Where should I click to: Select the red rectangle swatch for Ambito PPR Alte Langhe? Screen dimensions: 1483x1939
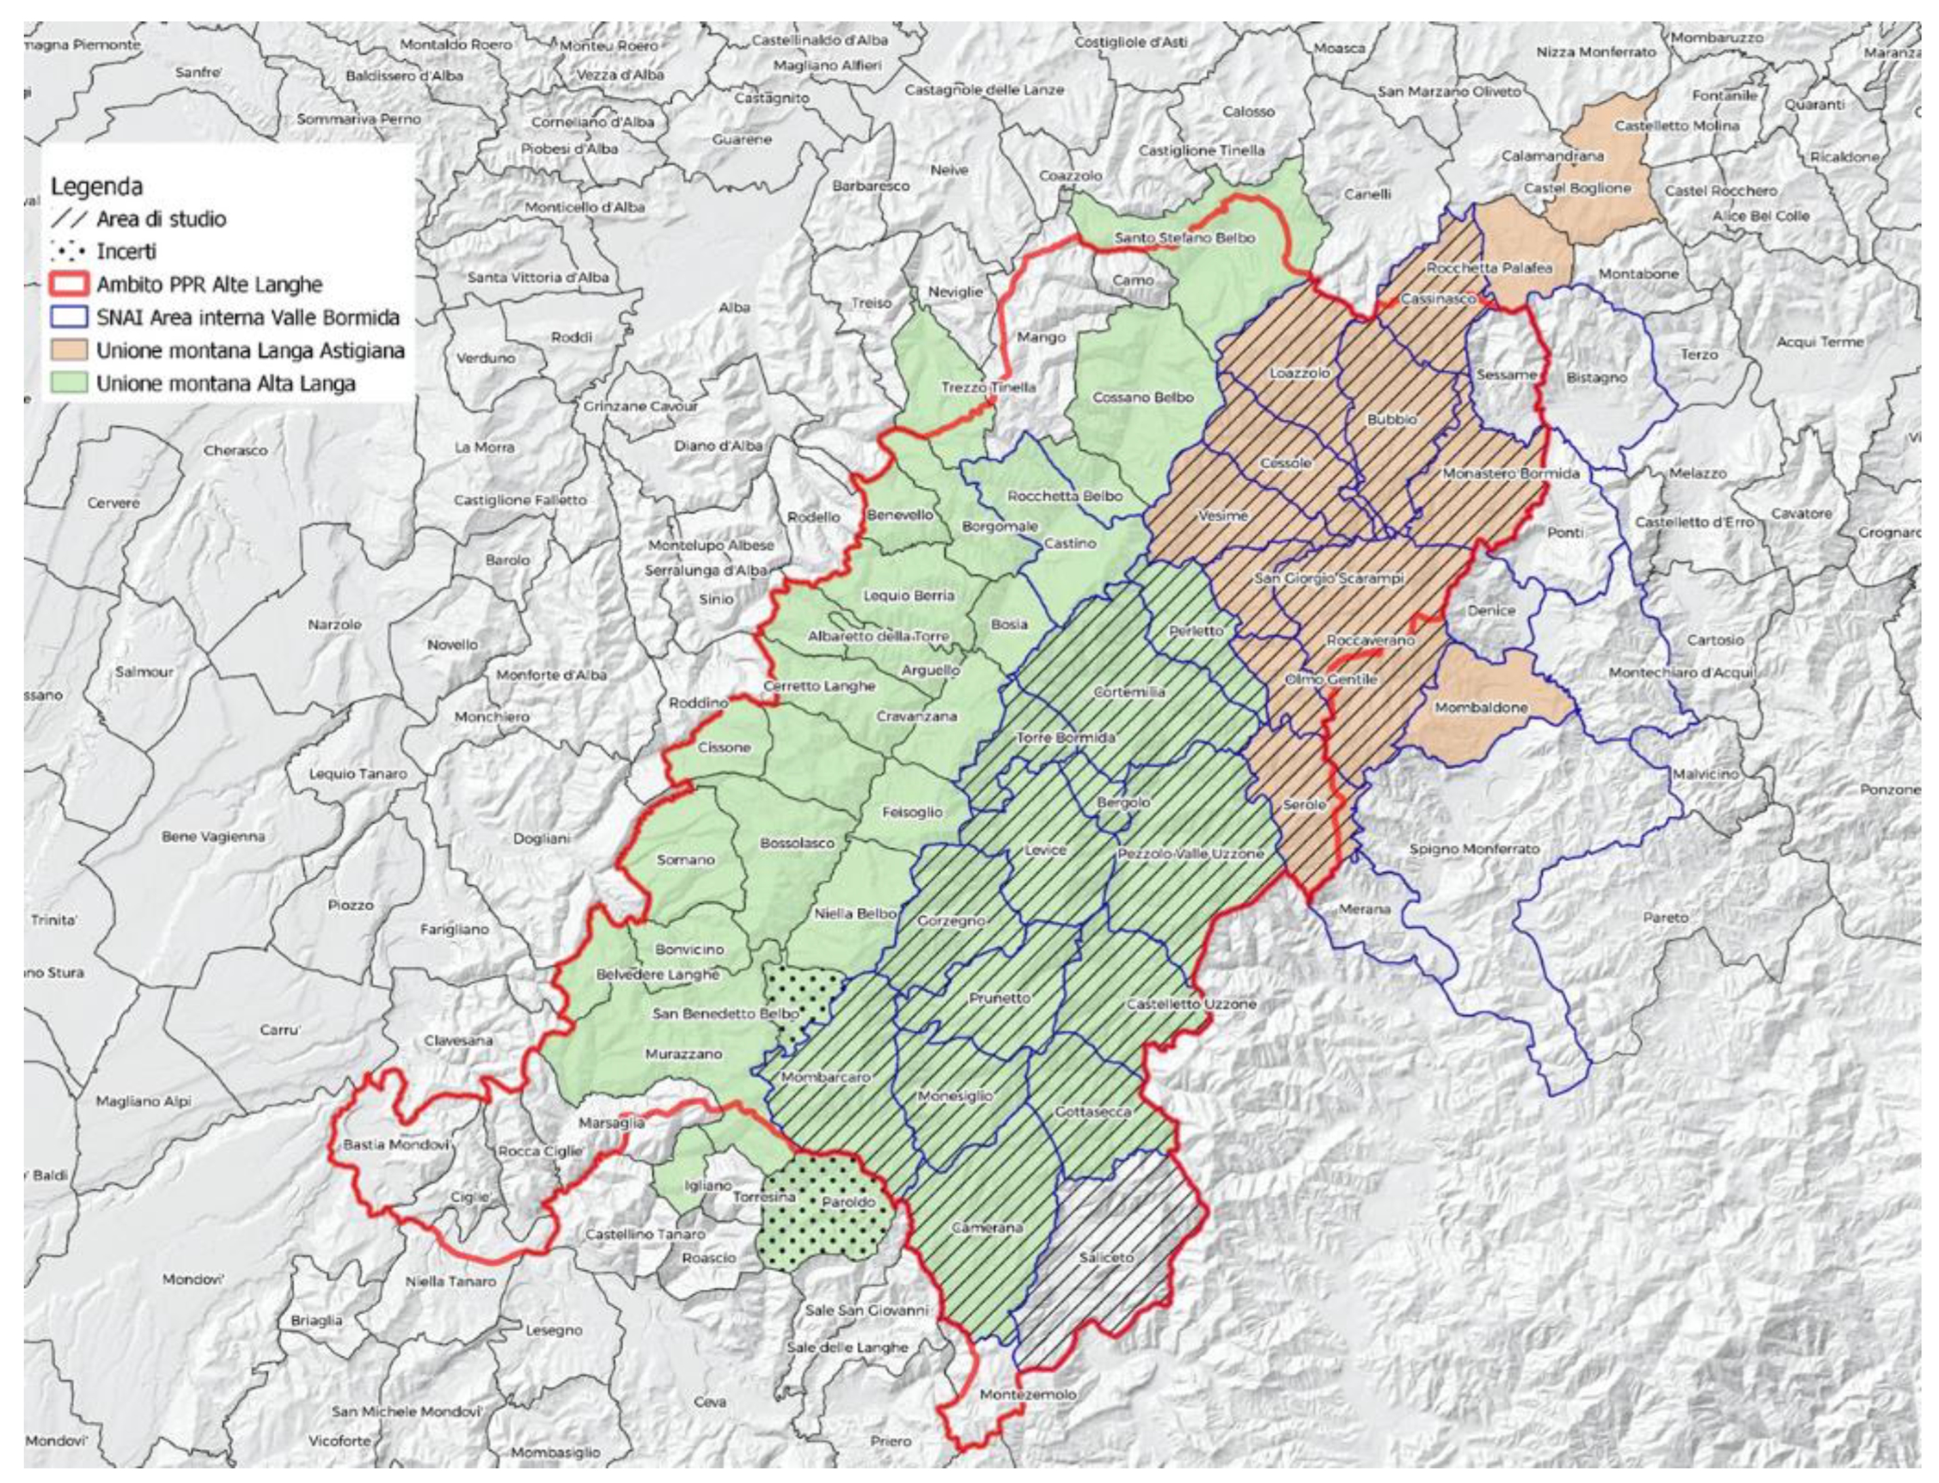[x=69, y=284]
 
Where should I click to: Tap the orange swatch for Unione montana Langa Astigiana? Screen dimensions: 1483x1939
[x=69, y=350]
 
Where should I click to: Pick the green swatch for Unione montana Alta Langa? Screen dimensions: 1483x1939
[x=69, y=383]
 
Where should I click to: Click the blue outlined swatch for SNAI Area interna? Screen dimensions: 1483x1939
[x=69, y=317]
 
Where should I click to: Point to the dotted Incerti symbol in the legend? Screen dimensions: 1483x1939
[x=69, y=252]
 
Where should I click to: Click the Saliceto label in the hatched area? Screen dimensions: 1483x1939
[x=1105, y=1257]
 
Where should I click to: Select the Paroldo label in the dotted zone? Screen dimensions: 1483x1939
[x=848, y=1202]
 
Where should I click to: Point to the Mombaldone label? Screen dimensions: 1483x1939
[x=1481, y=707]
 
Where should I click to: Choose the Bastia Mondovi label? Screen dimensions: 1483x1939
[x=396, y=1144]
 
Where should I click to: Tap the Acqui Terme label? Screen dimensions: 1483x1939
[x=1819, y=341]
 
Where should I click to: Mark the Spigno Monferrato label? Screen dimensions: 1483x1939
[x=1474, y=848]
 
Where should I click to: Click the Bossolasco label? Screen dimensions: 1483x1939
[x=796, y=843]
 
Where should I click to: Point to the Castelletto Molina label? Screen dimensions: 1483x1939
[x=1676, y=126]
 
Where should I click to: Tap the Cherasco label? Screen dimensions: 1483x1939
[x=235, y=450]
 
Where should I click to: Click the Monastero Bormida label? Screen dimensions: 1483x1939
[x=1510, y=473]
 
